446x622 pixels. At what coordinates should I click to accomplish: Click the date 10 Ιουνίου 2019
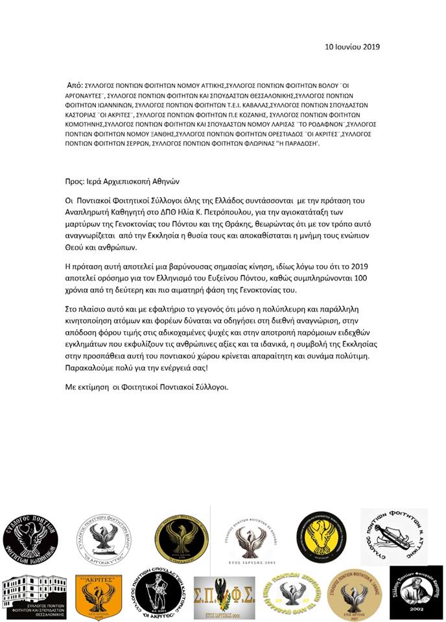point(352,47)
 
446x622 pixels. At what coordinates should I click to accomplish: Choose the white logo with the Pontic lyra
point(393,537)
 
